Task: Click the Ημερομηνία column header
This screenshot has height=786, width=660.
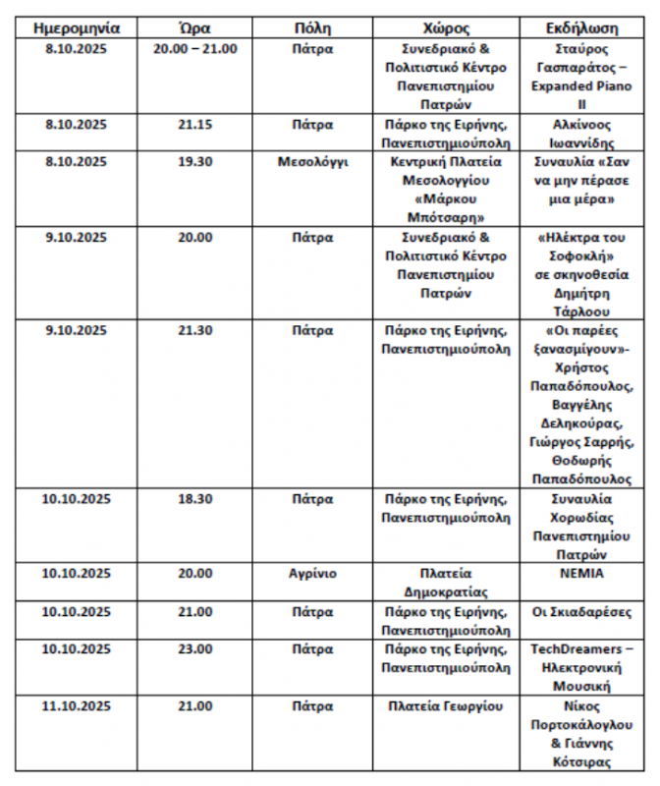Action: pyautogui.click(x=77, y=28)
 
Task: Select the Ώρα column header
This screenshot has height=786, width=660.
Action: pyautogui.click(x=195, y=28)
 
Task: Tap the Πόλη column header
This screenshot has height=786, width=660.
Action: pyautogui.click(x=312, y=28)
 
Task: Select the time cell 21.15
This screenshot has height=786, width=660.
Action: pyautogui.click(x=195, y=125)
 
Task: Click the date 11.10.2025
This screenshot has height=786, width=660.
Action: pyautogui.click(x=77, y=705)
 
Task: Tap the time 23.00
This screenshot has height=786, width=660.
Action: pyautogui.click(x=195, y=648)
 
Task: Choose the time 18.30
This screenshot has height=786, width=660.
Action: pyautogui.click(x=195, y=498)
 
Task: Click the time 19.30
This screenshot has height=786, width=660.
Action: pyautogui.click(x=195, y=162)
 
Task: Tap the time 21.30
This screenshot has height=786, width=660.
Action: pyautogui.click(x=195, y=330)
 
